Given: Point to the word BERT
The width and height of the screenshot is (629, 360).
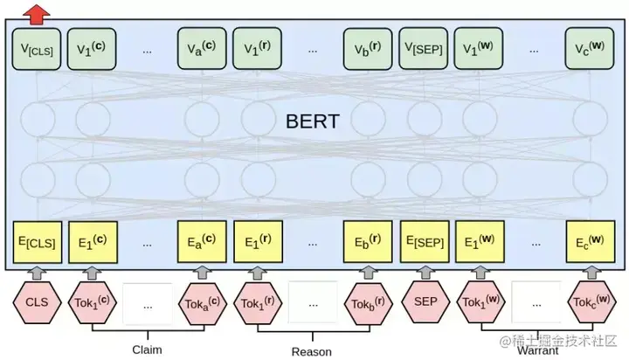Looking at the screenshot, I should [x=312, y=121].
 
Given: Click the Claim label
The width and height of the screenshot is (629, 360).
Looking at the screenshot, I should [x=147, y=349].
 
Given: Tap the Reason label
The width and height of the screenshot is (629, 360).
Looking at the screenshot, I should [x=312, y=351].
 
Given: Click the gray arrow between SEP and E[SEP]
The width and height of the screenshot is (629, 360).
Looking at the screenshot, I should [x=425, y=273].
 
